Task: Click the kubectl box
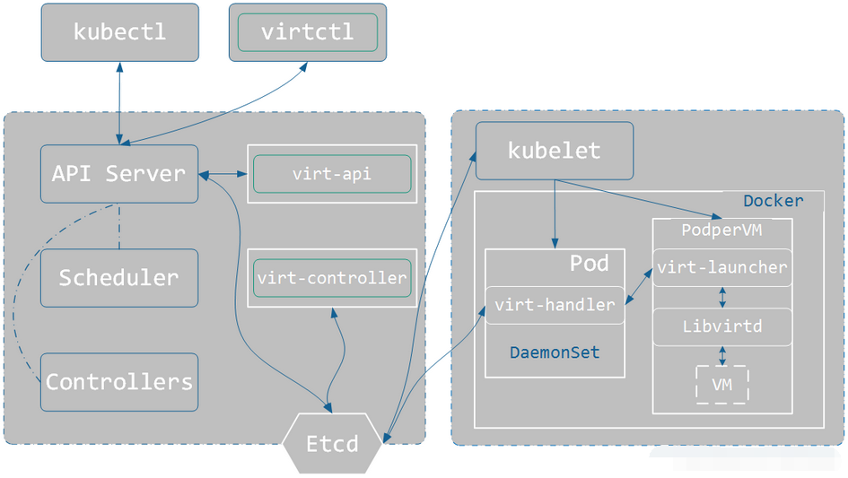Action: (x=119, y=32)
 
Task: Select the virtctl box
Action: (x=307, y=32)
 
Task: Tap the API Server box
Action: (x=118, y=173)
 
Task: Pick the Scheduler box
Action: (x=118, y=278)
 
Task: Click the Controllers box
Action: (x=118, y=382)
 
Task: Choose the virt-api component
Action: (x=331, y=174)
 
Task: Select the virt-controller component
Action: (x=331, y=278)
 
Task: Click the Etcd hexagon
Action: (x=332, y=443)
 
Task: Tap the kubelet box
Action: (x=554, y=150)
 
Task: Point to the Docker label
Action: (x=774, y=201)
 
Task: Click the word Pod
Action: (x=589, y=264)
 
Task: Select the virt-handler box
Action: (x=555, y=305)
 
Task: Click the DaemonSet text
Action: (x=555, y=352)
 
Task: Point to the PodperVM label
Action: (x=721, y=230)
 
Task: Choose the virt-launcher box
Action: (x=721, y=267)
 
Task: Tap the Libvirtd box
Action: (x=721, y=326)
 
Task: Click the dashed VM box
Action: (x=721, y=385)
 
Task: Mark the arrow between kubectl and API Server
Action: (x=119, y=102)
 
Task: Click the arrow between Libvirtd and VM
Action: (x=721, y=355)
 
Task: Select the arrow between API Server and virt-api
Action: (x=223, y=173)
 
